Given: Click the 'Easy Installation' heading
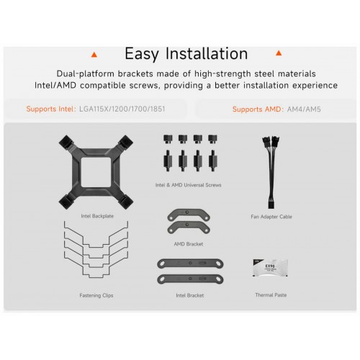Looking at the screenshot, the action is tap(186, 54).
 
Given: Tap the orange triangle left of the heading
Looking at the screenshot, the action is tap(94, 55).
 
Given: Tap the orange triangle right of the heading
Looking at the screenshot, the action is tap(279, 53).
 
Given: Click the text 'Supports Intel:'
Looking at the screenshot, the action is tap(51, 109).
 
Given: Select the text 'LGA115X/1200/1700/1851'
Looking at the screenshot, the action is tap(122, 109).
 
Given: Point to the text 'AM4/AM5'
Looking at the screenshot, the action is tap(304, 109).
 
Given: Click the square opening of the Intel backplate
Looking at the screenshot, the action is tap(96, 172).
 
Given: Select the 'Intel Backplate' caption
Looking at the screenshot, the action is tap(97, 216).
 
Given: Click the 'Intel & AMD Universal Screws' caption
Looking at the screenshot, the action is tap(189, 185).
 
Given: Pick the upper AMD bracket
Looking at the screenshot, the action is tap(189, 215).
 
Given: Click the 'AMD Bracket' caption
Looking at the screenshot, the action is tap(189, 244).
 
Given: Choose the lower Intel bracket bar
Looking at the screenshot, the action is tap(190, 279).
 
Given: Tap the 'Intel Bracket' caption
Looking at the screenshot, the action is tap(190, 295).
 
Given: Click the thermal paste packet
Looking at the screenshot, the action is tap(270, 268).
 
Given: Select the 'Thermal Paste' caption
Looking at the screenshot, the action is tap(271, 295).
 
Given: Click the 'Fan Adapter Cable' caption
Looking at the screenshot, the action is tap(271, 217).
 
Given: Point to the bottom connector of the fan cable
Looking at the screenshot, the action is tap(271, 204).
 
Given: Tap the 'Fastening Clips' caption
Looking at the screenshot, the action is tap(96, 295).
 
